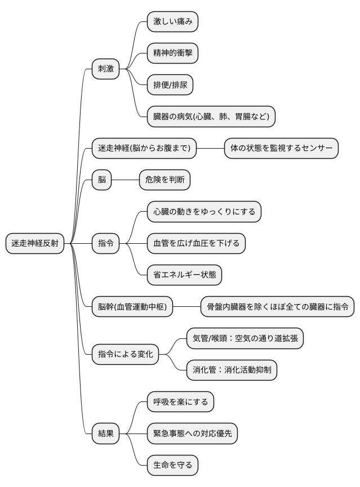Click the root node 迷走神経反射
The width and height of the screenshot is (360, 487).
coord(35,243)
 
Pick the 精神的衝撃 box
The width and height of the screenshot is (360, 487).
coord(172,53)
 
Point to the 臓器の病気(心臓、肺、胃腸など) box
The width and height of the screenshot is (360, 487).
coord(211,117)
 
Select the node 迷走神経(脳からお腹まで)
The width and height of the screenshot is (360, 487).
coord(144,149)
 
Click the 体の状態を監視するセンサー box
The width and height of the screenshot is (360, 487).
coord(281,149)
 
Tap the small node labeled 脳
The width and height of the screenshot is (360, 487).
coord(102,180)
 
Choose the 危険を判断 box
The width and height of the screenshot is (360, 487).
coord(165,180)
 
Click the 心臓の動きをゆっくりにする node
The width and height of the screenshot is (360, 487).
coord(204,212)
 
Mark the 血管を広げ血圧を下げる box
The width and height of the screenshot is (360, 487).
coord(196,243)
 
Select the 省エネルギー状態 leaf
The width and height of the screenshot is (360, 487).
coord(184,275)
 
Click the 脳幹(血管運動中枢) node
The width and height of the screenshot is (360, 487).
coord(132,307)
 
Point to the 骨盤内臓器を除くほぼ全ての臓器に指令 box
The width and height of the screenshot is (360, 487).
coord(278,307)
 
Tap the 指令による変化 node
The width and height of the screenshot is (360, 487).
coord(125,355)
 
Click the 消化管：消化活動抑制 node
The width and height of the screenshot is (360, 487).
coord(232,370)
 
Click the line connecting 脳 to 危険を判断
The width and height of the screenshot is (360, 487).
coord(125,180)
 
